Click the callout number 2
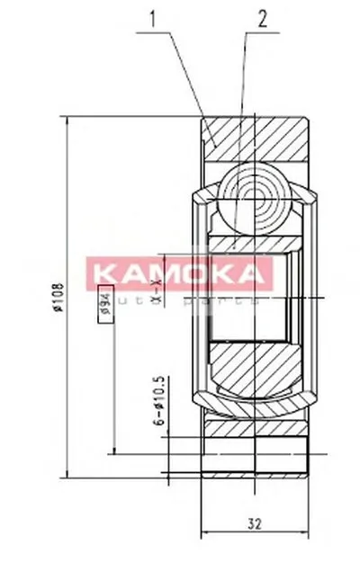[x=261, y=17]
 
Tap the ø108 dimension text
[x=58, y=296]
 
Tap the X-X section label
[x=157, y=292]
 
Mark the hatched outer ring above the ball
[x=256, y=138]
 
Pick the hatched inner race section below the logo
[x=256, y=373]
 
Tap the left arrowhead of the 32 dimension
[x=203, y=532]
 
